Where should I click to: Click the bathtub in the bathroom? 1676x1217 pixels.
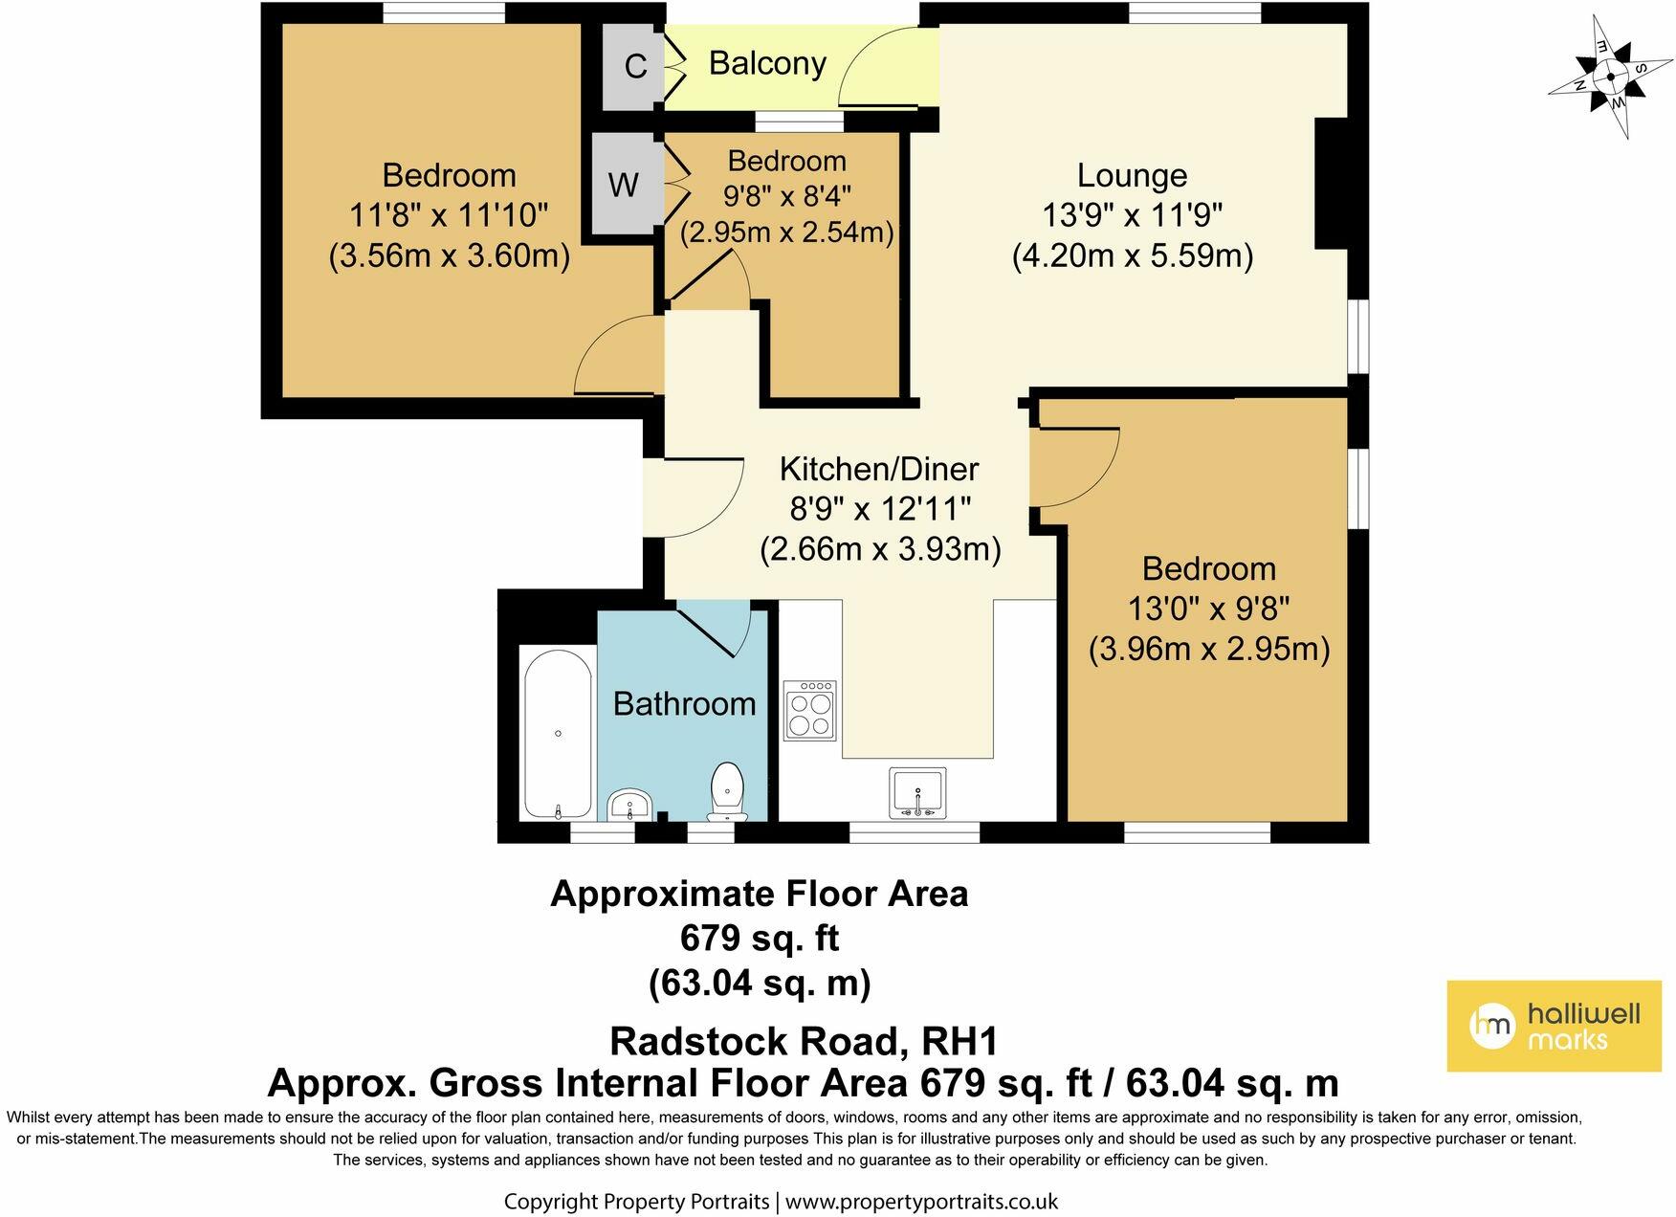(x=557, y=733)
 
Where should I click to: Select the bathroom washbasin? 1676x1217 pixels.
(x=630, y=806)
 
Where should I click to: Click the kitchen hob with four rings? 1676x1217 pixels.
(x=809, y=710)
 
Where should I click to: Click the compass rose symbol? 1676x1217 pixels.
(x=1611, y=77)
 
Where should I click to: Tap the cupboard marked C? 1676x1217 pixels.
(x=635, y=66)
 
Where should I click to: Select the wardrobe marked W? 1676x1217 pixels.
(x=623, y=184)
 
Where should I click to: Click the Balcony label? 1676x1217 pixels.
(x=767, y=63)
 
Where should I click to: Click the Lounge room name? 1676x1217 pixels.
(x=1132, y=175)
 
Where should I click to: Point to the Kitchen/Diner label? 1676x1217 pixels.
(x=878, y=469)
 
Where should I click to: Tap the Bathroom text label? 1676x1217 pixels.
(x=684, y=704)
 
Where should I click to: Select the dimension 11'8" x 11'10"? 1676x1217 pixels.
(x=450, y=215)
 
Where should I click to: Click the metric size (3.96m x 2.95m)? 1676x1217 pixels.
(x=1208, y=650)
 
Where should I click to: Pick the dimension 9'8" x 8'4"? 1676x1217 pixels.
(x=786, y=196)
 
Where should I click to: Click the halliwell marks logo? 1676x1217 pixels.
(x=1554, y=1026)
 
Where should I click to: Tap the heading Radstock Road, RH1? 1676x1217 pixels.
(x=804, y=1040)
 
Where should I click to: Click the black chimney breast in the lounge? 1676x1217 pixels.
(x=1332, y=184)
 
